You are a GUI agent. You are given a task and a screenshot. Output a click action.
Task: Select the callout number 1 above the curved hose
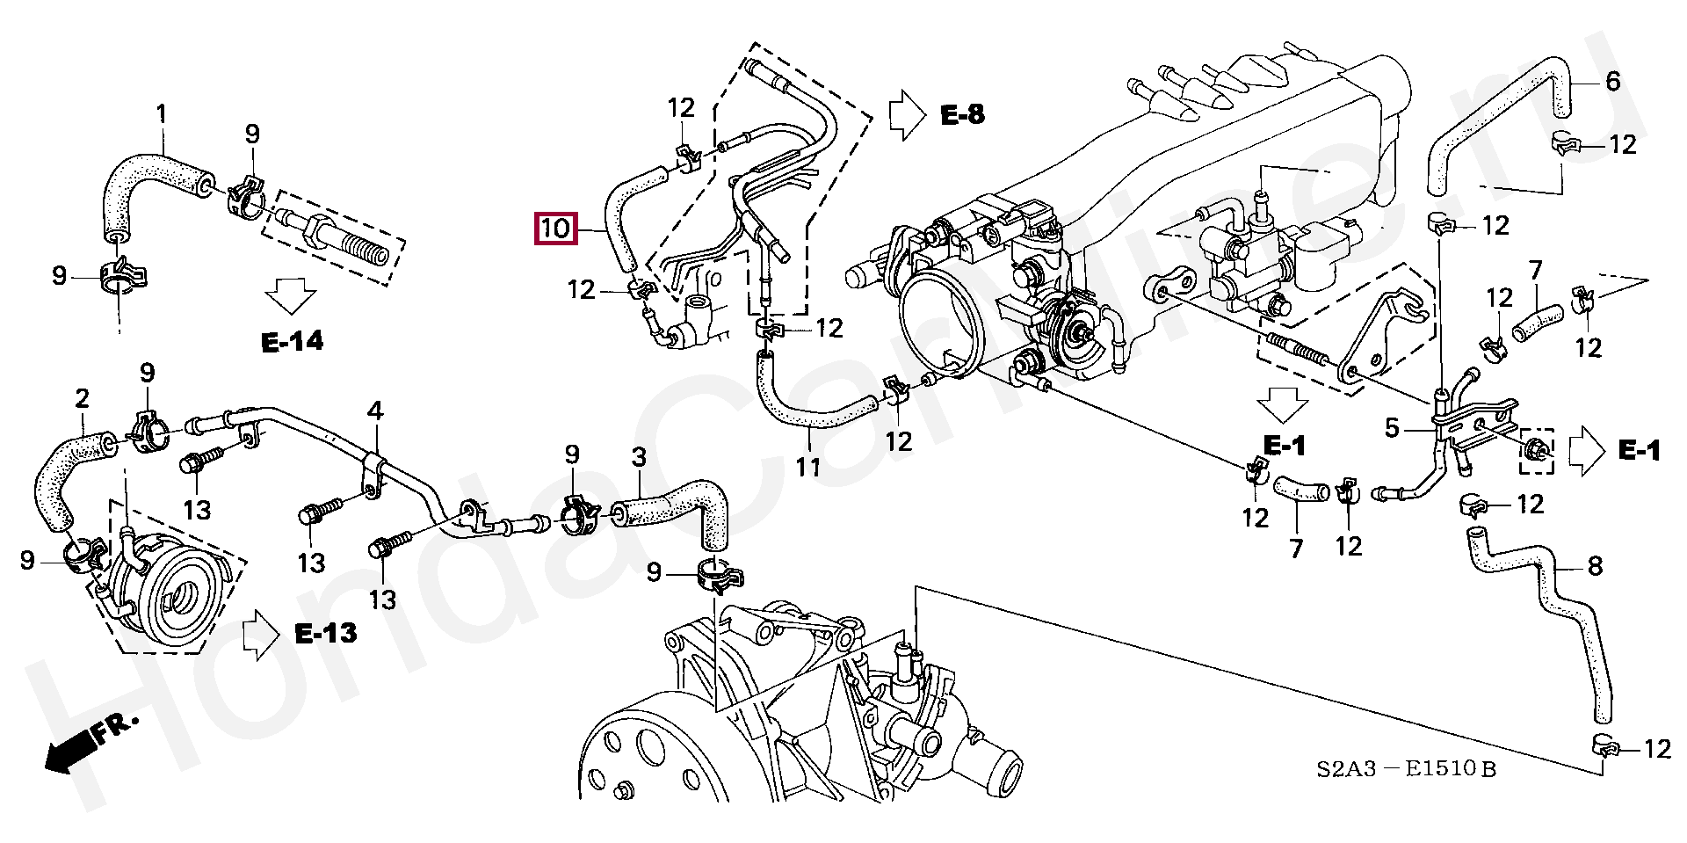coord(162,113)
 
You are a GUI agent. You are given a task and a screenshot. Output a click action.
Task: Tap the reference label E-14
coord(293,341)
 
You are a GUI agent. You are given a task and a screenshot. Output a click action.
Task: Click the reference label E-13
coord(326,633)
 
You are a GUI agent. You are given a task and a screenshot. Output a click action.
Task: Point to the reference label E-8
coord(963,115)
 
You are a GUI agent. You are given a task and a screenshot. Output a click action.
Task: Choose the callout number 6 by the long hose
coord(1612,82)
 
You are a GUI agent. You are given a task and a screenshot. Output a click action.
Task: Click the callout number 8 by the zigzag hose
coord(1595,566)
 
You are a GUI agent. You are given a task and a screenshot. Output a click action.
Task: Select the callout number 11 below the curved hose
coord(807,466)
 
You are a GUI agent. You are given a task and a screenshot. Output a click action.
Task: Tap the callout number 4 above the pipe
coord(375,411)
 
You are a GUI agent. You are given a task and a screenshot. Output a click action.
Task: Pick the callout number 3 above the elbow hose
coord(639,457)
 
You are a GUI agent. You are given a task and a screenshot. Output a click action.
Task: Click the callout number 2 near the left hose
coord(82,399)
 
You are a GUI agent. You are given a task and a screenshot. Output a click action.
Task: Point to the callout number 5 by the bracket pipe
coord(1392,428)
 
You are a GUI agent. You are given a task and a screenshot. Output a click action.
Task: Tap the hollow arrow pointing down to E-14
coord(292,295)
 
